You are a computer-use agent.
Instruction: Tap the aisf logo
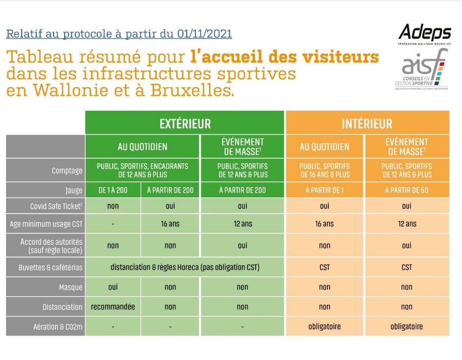point(422,72)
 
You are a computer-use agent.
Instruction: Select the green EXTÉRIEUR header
point(185,123)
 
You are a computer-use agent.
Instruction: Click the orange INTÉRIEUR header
point(367,123)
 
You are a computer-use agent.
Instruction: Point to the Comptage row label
point(67,170)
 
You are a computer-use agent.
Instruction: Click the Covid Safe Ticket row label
point(56,206)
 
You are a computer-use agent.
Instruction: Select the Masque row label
point(71,287)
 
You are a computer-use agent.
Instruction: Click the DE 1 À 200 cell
point(112,190)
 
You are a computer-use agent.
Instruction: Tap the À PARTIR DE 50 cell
point(407,190)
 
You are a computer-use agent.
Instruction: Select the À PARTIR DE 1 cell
point(324,190)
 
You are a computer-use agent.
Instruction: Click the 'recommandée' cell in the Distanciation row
point(112,306)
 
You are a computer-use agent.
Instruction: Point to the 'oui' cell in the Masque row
point(112,287)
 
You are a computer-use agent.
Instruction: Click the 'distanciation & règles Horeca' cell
point(185,267)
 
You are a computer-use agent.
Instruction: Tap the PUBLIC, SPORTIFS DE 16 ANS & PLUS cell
point(324,170)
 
